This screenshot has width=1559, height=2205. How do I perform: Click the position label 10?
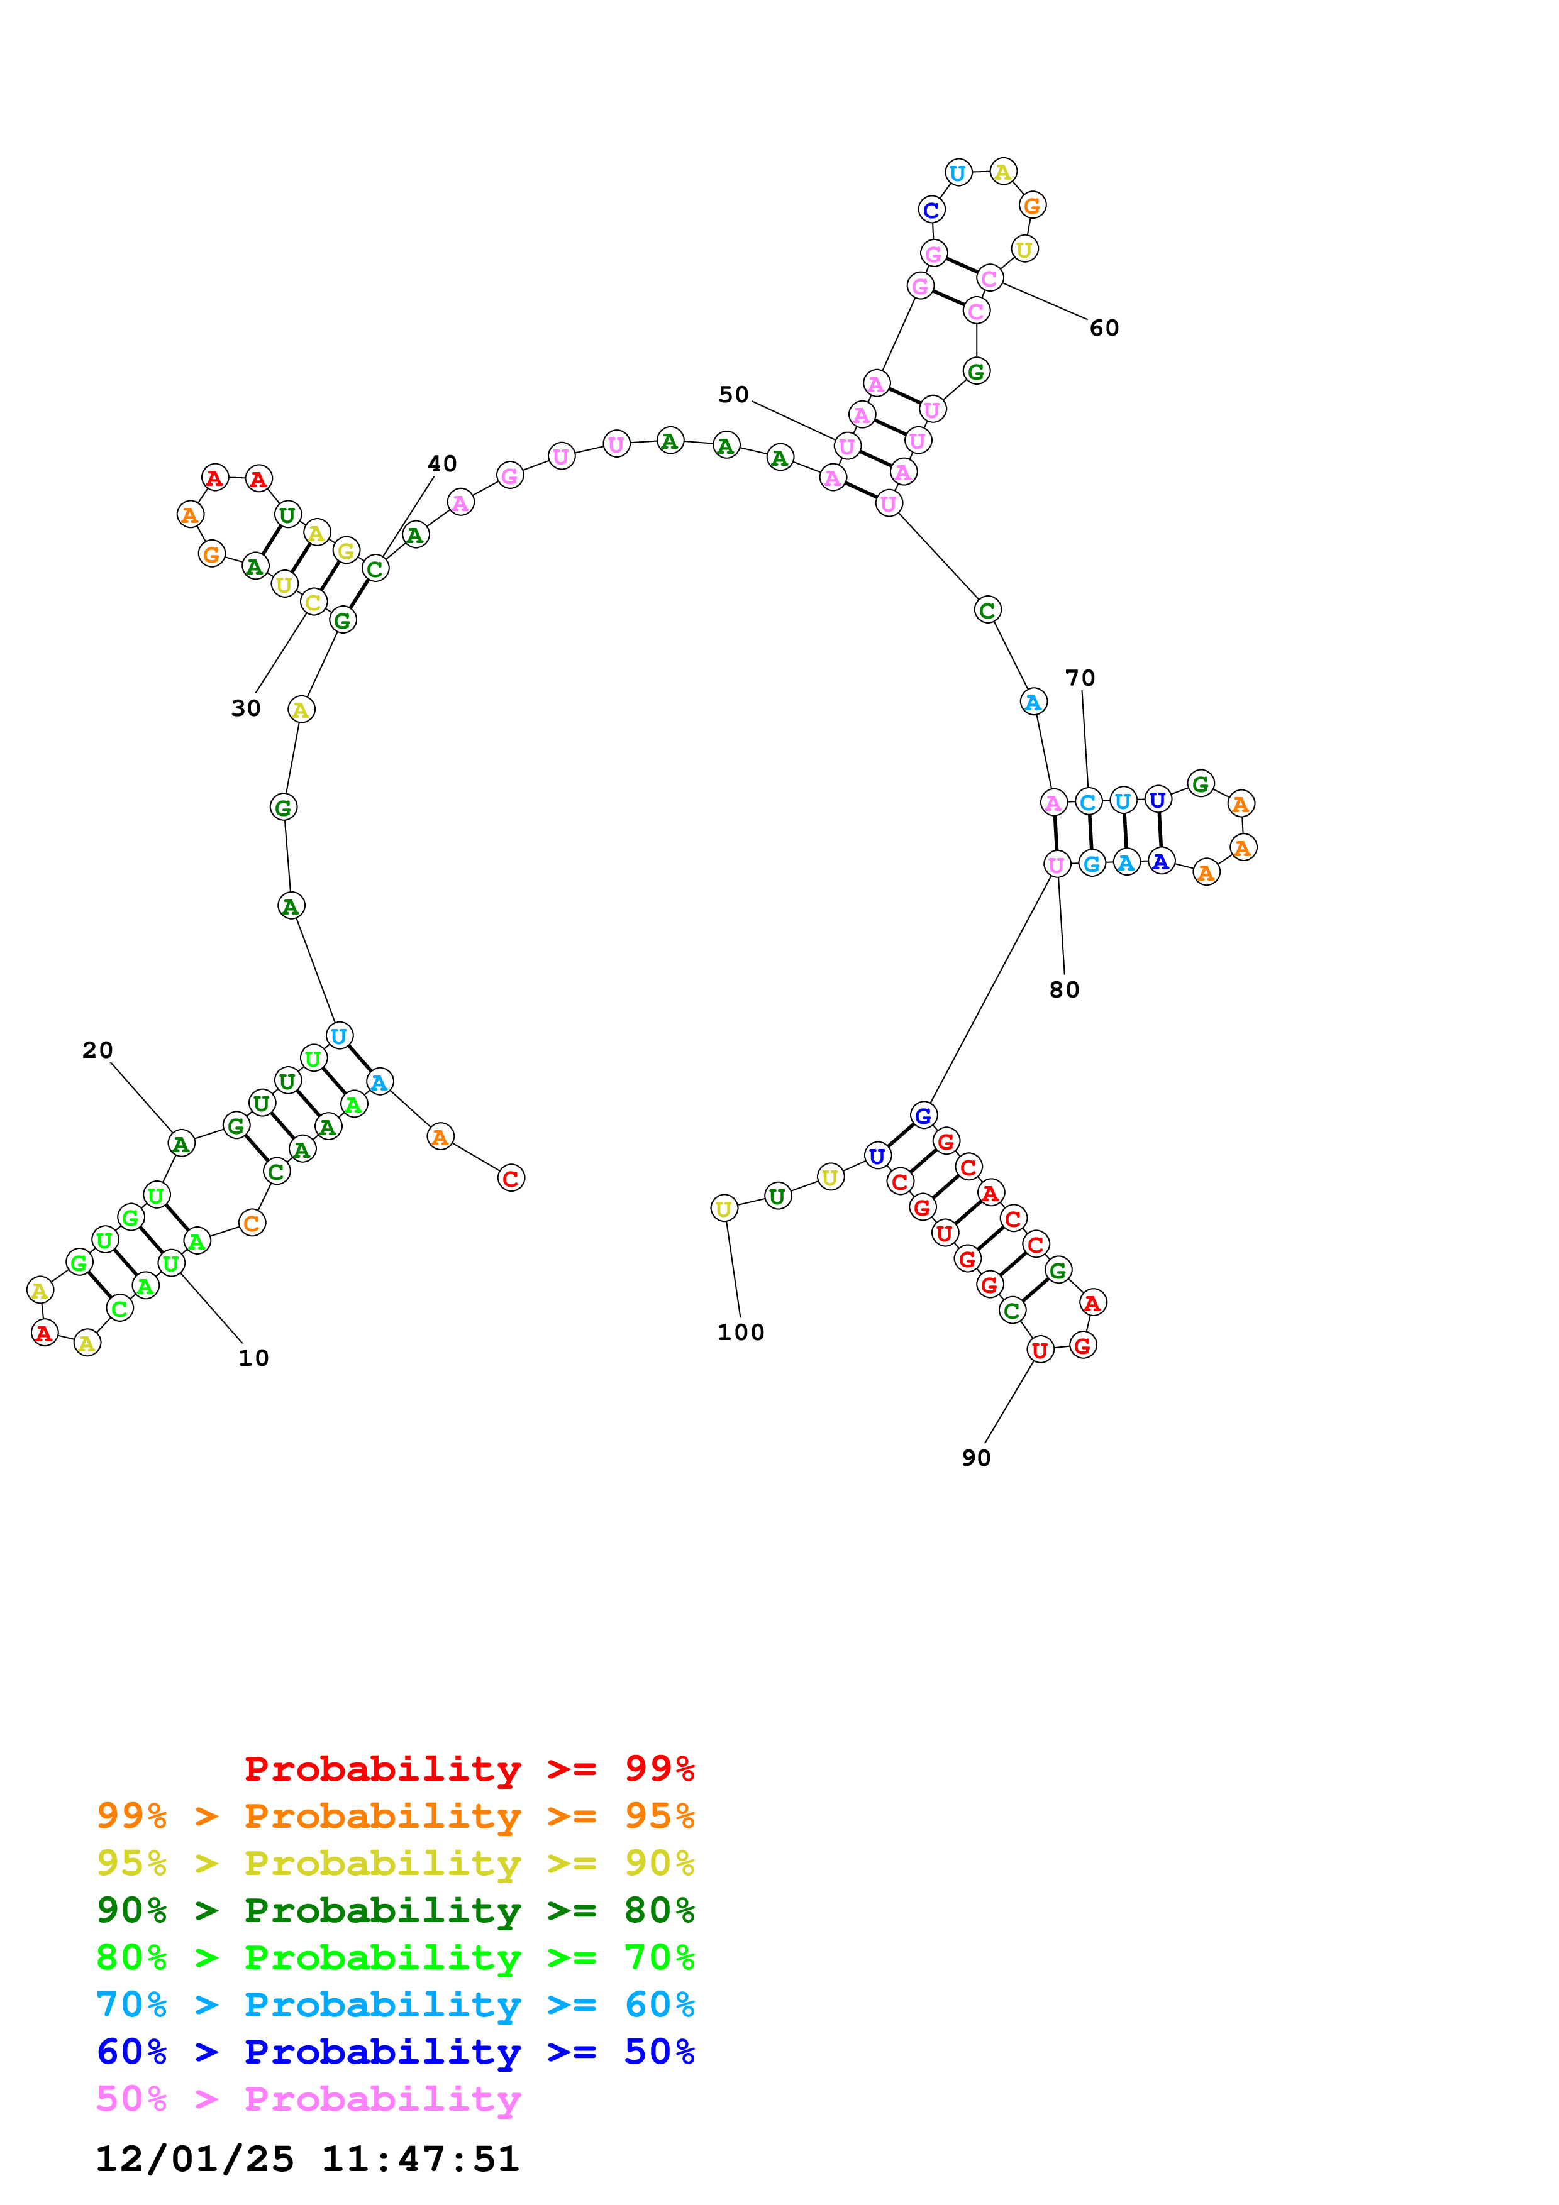coord(253,1358)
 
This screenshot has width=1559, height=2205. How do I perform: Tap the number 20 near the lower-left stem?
coord(97,1050)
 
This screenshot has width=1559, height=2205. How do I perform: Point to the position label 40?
coord(442,464)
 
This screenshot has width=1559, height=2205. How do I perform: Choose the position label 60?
coord(1104,329)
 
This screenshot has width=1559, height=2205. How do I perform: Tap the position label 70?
coord(1080,678)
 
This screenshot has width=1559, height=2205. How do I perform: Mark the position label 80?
coord(1064,989)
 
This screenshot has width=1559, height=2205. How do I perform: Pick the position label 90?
coord(976,1458)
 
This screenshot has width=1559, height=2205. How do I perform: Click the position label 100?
coord(741,1332)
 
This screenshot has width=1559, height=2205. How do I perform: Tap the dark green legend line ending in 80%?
coord(396,1910)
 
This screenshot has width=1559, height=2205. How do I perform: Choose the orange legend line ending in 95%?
coord(396,1816)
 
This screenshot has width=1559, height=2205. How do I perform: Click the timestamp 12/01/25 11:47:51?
coord(308,2159)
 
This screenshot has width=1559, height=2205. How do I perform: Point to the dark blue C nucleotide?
coord(931,209)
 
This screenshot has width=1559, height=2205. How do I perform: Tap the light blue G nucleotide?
coord(1091,864)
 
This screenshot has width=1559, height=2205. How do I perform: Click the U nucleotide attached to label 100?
coord(724,1208)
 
